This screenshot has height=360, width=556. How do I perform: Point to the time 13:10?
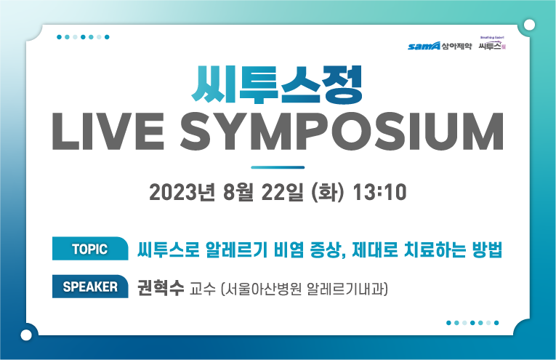click(379, 193)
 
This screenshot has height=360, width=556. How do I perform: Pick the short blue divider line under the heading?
click(277, 167)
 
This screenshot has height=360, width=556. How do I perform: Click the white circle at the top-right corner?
click(529, 25)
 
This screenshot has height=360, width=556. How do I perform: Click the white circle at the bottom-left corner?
click(27, 335)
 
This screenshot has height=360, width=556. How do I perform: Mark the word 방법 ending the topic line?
click(486, 249)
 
